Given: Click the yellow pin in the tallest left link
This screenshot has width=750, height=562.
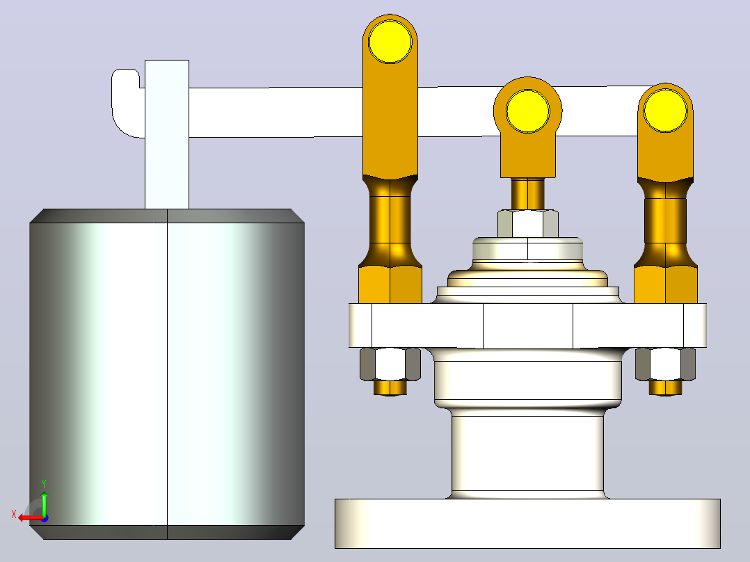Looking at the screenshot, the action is tap(390, 42).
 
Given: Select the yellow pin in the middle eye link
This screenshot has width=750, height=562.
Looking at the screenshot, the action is tap(527, 111).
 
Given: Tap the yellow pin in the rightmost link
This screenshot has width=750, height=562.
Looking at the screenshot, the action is tap(665, 111).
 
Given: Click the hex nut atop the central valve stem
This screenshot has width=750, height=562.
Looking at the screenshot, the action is tap(527, 223).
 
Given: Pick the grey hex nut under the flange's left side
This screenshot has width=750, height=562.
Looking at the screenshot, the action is tap(390, 364).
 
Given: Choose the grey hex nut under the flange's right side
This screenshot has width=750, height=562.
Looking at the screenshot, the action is tap(665, 364).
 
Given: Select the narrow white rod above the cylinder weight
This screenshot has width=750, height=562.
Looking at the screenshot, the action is tap(167, 134).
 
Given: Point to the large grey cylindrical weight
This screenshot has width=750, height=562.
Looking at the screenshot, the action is tap(167, 374).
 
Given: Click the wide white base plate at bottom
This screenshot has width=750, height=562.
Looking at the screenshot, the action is tap(527, 523).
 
